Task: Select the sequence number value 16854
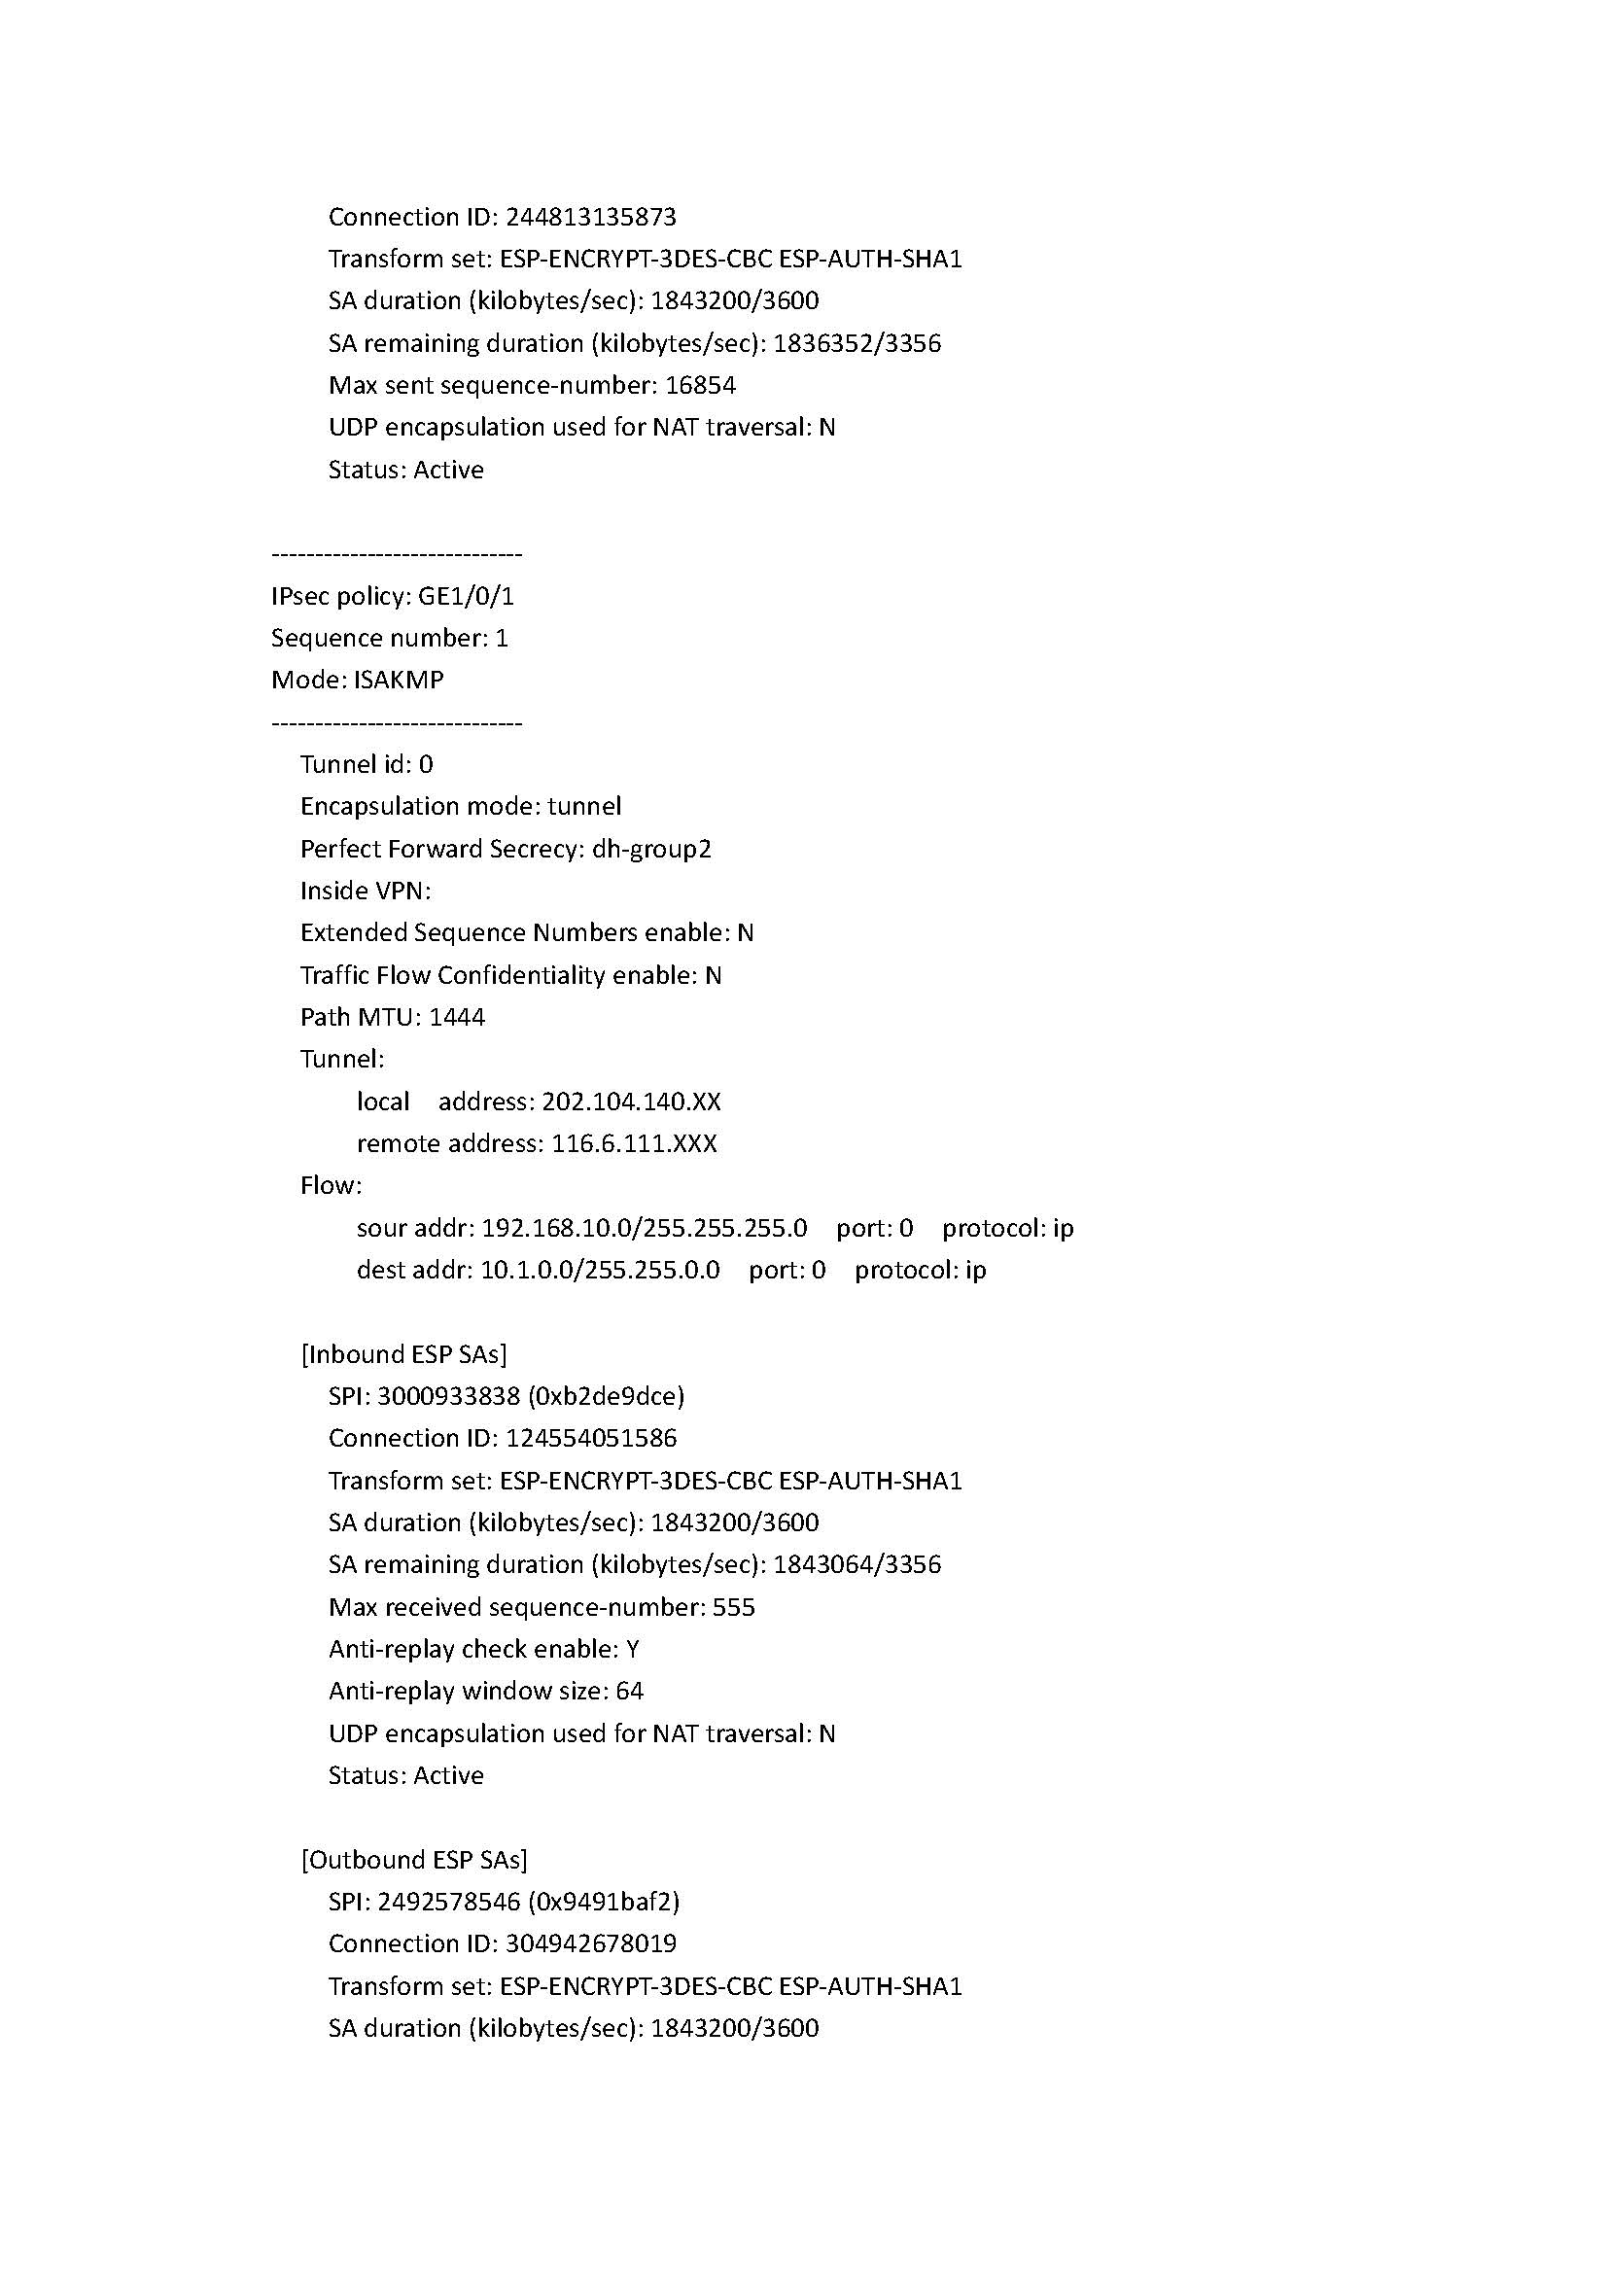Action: (700, 385)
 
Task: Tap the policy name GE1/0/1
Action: (467, 596)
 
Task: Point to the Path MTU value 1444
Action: (457, 1017)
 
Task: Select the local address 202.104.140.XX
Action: (632, 1102)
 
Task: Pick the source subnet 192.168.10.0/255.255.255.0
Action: (645, 1228)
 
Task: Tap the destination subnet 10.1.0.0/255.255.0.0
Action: (600, 1270)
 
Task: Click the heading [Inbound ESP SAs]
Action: (404, 1354)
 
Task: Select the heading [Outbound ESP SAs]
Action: (414, 1860)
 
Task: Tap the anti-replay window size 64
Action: (630, 1691)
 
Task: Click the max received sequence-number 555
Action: (734, 1606)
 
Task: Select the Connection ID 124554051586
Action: (591, 1438)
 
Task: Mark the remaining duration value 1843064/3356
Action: (857, 1565)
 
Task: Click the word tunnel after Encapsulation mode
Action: (584, 806)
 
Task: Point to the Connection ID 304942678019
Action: (591, 1943)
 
